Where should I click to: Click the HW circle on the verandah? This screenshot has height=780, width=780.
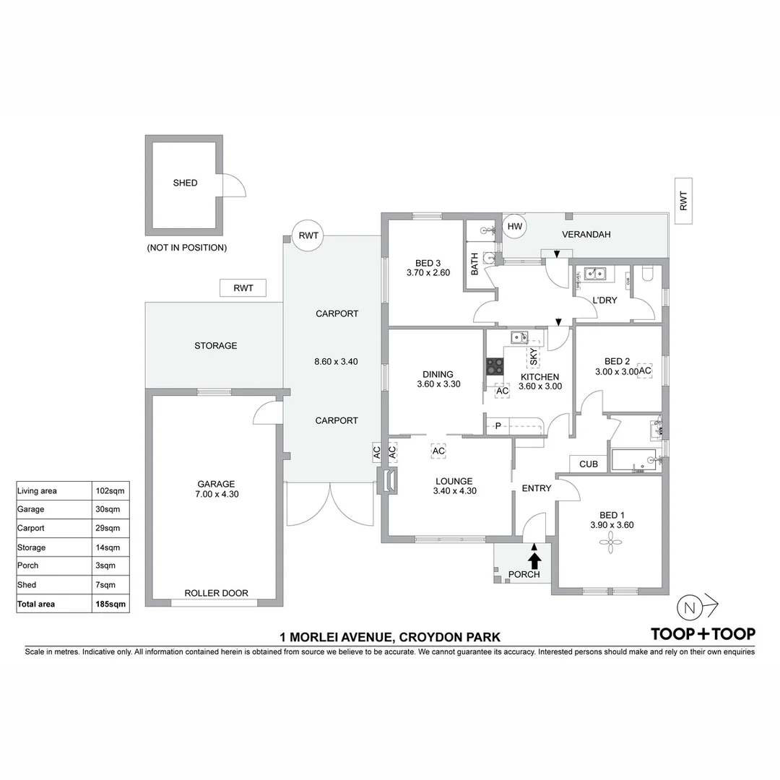tap(514, 227)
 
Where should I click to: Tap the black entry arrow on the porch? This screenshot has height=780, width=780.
tap(534, 560)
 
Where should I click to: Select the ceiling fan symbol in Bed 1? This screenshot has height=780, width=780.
tap(612, 543)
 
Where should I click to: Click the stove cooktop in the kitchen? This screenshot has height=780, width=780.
tap(495, 366)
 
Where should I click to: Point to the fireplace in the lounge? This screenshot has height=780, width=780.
tap(388, 482)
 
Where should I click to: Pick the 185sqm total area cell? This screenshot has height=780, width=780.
tap(110, 604)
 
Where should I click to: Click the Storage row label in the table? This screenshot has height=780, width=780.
tap(32, 547)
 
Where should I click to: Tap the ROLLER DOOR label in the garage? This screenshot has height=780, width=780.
tap(216, 593)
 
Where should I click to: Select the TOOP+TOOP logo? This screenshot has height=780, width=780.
tap(703, 634)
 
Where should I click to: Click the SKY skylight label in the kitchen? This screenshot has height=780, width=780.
tap(534, 357)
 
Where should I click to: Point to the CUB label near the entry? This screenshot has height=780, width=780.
tap(588, 464)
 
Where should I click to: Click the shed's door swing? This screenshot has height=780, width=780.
tap(233, 186)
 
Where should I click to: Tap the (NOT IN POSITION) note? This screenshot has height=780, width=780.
tap(186, 248)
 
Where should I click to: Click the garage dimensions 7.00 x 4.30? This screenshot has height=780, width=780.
tap(217, 494)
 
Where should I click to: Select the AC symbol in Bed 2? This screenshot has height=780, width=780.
tap(645, 370)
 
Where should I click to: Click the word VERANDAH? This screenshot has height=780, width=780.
tap(586, 234)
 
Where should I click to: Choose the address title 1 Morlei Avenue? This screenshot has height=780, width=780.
tap(390, 637)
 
